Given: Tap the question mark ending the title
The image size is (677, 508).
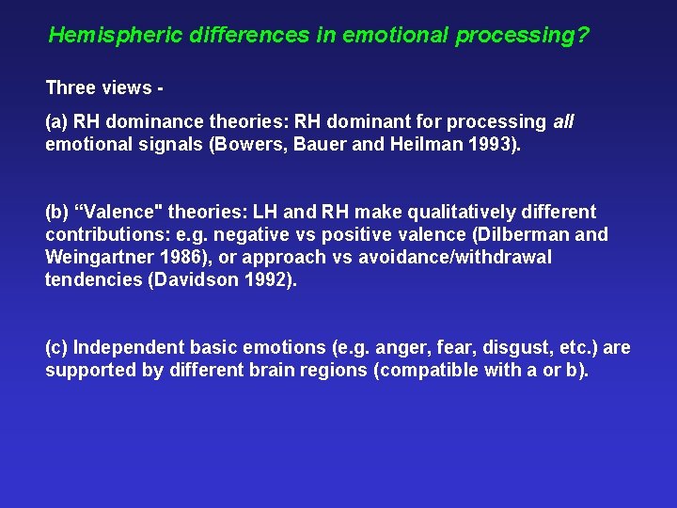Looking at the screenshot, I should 584,36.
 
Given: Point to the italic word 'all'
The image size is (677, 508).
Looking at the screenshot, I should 563,122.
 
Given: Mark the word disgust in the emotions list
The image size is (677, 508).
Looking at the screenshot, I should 497,348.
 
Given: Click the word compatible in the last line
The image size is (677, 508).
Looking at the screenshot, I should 428,371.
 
